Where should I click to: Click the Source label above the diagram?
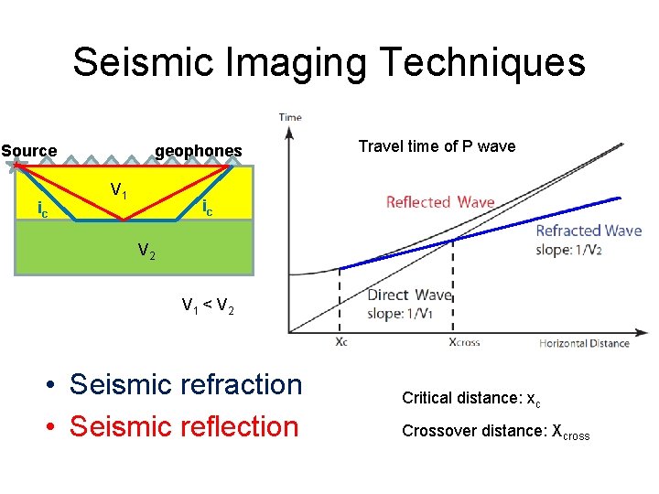point(29,151)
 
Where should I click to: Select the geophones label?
point(199,151)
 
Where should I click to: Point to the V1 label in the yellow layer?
point(119,191)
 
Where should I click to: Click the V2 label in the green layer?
point(146,250)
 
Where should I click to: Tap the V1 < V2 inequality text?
point(208,306)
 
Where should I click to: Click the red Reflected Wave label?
point(439,202)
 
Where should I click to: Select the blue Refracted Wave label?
point(589,231)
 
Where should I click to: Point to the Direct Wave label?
point(409,295)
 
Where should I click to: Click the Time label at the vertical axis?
point(290,117)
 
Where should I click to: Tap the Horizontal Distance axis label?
point(584,343)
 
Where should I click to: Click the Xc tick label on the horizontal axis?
point(340,343)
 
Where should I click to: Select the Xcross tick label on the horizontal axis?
point(463,343)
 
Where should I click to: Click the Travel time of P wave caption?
point(437,146)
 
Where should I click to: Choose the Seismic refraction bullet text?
point(186,384)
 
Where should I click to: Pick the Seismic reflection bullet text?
point(184,426)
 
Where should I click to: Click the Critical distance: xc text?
point(466,399)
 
